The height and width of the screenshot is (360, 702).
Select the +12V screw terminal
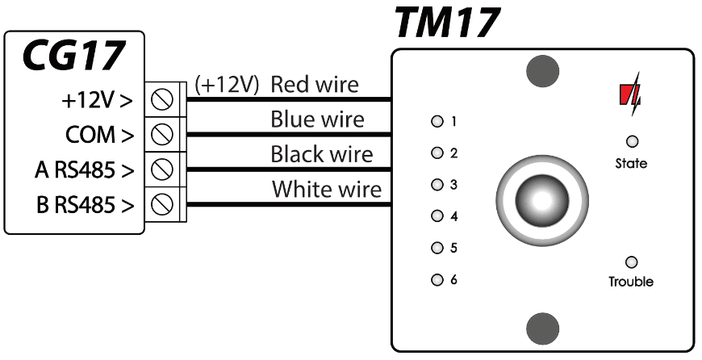coord(165,101)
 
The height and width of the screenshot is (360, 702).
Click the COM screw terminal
coord(165,133)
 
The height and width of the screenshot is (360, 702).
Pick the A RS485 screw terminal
coord(165,170)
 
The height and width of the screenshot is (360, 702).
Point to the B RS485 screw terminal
coord(165,204)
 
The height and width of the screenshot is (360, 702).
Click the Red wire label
coord(315,84)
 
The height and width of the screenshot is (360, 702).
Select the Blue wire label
coord(317,119)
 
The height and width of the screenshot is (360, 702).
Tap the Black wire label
coord(322,154)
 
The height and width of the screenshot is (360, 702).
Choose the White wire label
coord(326,190)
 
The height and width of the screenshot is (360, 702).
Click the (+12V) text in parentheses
coord(227,85)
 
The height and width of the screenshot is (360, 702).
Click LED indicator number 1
coord(437,123)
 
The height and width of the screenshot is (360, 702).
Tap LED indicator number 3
coord(437,186)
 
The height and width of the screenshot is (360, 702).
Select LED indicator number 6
coord(437,281)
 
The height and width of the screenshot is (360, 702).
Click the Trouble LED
coord(631,262)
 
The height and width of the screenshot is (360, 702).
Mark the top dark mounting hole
coord(543,71)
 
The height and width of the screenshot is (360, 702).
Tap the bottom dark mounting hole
coord(543,328)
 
